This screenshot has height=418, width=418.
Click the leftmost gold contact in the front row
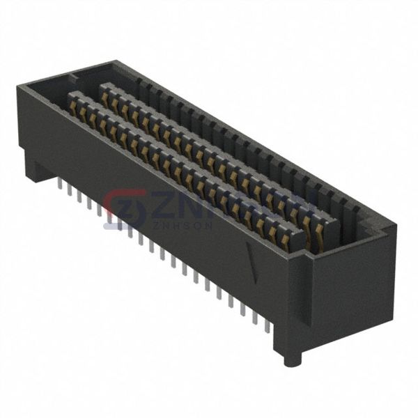73,104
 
